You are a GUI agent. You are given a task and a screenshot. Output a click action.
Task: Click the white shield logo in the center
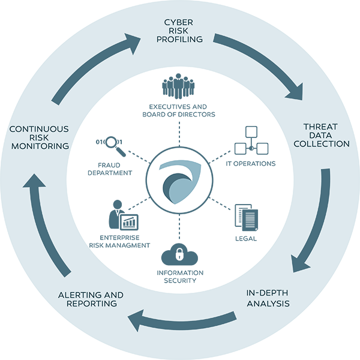coord(179,179)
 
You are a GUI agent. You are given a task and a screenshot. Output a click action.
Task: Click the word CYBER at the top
coord(180,22)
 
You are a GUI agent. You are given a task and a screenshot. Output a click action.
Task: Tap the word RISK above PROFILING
coord(180,31)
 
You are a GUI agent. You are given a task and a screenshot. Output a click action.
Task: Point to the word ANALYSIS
coord(268,304)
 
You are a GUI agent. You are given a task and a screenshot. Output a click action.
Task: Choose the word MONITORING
coord(39,146)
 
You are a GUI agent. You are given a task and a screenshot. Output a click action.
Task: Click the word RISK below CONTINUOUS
coord(39,137)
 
